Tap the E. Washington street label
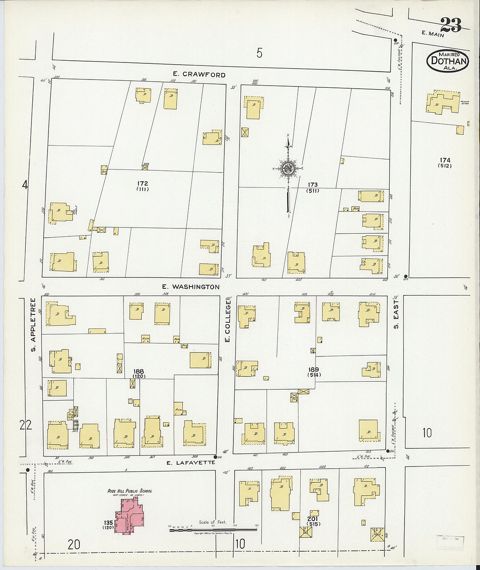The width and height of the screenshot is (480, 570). [x=191, y=287]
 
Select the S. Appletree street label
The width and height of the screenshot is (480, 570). [x=33, y=325]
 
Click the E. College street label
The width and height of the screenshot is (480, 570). [x=227, y=321]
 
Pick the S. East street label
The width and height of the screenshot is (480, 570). [x=396, y=314]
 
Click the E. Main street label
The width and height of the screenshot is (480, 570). [x=433, y=34]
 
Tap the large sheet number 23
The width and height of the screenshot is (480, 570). [x=450, y=24]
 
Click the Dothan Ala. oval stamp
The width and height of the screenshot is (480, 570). [x=448, y=61]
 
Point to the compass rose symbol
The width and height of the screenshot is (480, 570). [x=288, y=169]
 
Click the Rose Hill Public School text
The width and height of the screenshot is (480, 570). [x=130, y=491]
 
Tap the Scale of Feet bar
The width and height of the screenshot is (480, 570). [x=213, y=529]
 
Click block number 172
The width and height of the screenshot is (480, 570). [x=142, y=183]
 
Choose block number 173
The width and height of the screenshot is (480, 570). [x=312, y=185]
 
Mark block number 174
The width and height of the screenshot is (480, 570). [x=445, y=160]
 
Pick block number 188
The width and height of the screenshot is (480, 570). [x=139, y=371]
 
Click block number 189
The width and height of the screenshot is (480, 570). [x=313, y=370]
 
